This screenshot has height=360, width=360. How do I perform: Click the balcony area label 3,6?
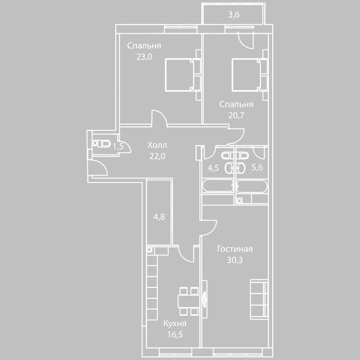tap(234, 15)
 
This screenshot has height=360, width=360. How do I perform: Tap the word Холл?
tap(157, 145)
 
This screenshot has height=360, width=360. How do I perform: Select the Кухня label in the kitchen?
tap(175, 324)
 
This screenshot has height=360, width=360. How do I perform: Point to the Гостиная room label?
tap(235, 249)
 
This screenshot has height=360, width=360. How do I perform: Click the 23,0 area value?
tap(144, 57)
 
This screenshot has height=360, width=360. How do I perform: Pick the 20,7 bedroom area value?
tap(236, 115)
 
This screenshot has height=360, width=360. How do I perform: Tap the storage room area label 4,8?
tap(159, 217)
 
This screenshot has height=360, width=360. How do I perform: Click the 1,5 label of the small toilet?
tap(118, 146)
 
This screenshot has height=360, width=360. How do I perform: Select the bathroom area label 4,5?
tap(213, 168)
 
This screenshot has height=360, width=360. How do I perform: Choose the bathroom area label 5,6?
tap(257, 167)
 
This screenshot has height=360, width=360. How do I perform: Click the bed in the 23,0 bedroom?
tap(183, 75)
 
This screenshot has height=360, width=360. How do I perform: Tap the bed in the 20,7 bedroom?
tap(249, 75)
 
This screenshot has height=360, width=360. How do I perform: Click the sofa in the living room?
tap(259, 300)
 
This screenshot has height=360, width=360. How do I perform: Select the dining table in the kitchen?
tap(189, 301)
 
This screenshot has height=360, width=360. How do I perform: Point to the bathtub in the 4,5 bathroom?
tap(218, 186)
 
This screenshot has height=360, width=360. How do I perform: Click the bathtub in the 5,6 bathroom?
tap(252, 186)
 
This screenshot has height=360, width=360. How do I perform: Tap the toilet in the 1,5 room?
tap(104, 144)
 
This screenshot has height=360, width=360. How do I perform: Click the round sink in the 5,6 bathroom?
tap(241, 168)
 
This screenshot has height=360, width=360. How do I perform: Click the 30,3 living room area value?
tap(235, 260)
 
